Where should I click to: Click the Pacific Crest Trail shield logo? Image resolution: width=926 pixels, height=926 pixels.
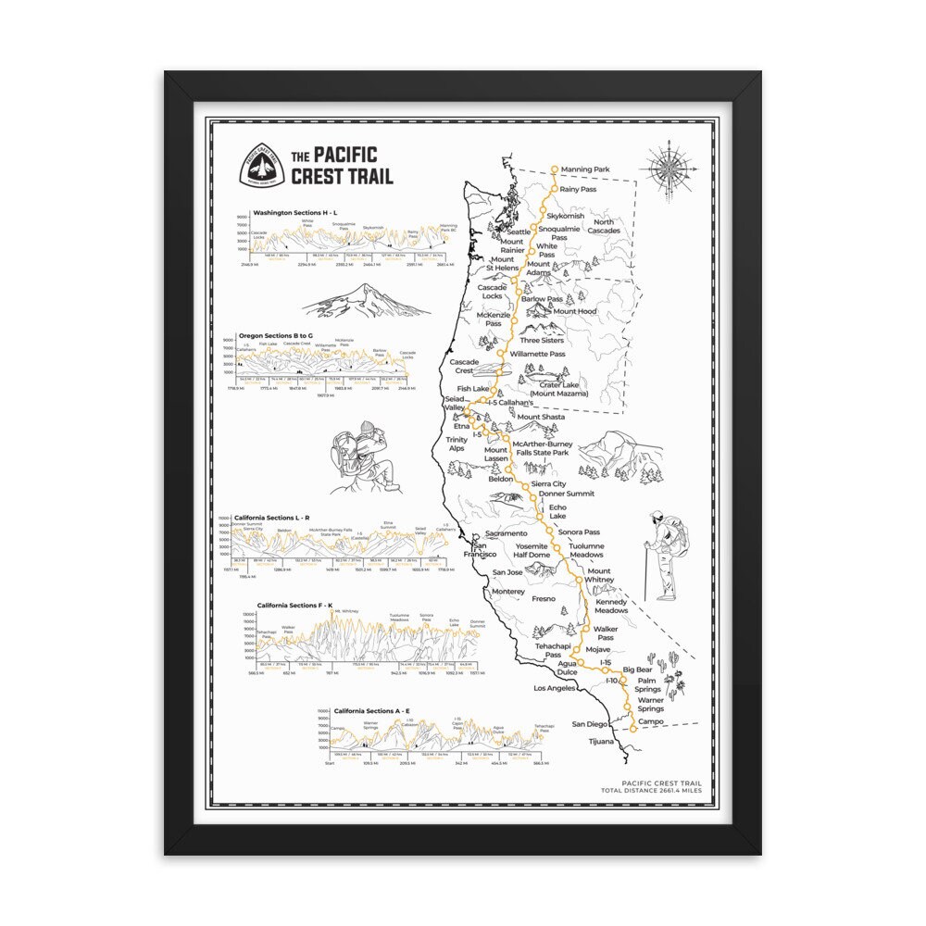(x=261, y=167)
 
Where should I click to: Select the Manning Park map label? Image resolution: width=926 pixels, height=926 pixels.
(x=591, y=170)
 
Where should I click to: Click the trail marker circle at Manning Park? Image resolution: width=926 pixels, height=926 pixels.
(x=555, y=169)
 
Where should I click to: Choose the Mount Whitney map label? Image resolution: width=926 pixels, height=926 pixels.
(x=599, y=576)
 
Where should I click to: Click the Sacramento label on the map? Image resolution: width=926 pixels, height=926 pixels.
(x=506, y=533)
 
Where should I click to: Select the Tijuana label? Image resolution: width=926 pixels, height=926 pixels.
(x=601, y=742)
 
